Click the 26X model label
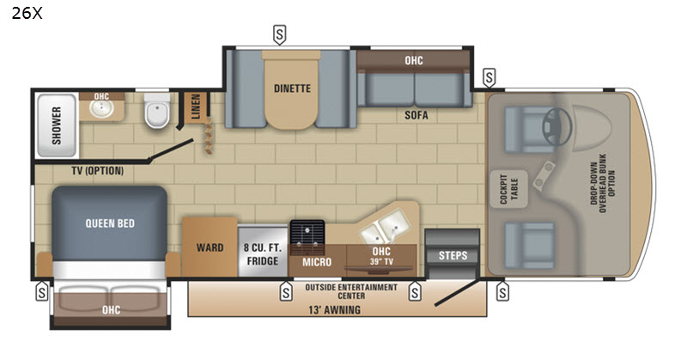tap(27, 13)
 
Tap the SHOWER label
tap(57, 125)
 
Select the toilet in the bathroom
tap(157, 111)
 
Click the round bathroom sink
tap(101, 109)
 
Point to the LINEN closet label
tap(196, 107)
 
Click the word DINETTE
tap(292, 88)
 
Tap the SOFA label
tap(416, 115)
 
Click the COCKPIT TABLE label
tap(508, 189)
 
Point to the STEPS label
tap(453, 255)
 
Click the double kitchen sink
tap(384, 226)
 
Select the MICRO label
tap(317, 262)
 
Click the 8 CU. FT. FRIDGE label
tap(263, 254)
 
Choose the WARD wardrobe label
tap(210, 247)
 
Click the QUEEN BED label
tap(110, 223)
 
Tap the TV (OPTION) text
tap(97, 171)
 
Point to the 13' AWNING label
tap(335, 310)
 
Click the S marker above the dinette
tap(280, 34)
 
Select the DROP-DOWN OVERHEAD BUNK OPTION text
tap(603, 183)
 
